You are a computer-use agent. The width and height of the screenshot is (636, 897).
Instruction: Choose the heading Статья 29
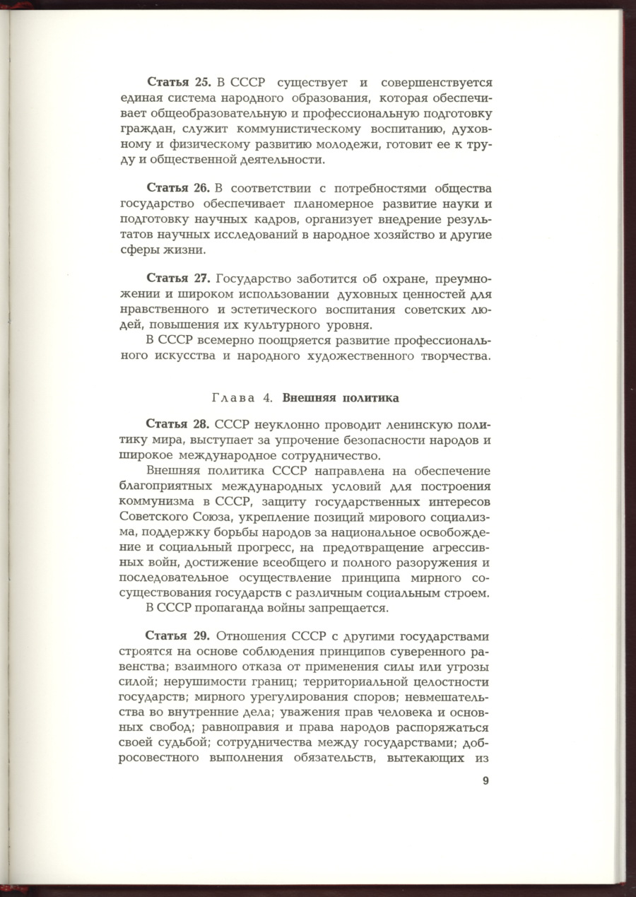177,635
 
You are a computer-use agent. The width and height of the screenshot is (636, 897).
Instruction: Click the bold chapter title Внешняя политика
341,398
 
